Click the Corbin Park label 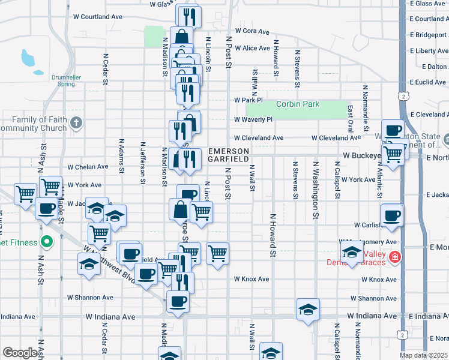pos(298,104)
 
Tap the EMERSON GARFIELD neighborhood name pos(228,155)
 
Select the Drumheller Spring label pos(58,80)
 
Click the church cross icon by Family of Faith pos(76,124)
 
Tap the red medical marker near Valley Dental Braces pos(395,259)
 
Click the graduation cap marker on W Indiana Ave pos(307,310)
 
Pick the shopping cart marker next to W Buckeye pos(393,154)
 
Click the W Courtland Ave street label pos(97,17)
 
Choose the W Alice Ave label pos(252,48)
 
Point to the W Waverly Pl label pos(253,119)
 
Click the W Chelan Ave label pos(88,167)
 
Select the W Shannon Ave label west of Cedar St pos(90,297)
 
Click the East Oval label pos(350,118)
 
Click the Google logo pos(20,353)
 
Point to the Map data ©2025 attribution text pos(424,355)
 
